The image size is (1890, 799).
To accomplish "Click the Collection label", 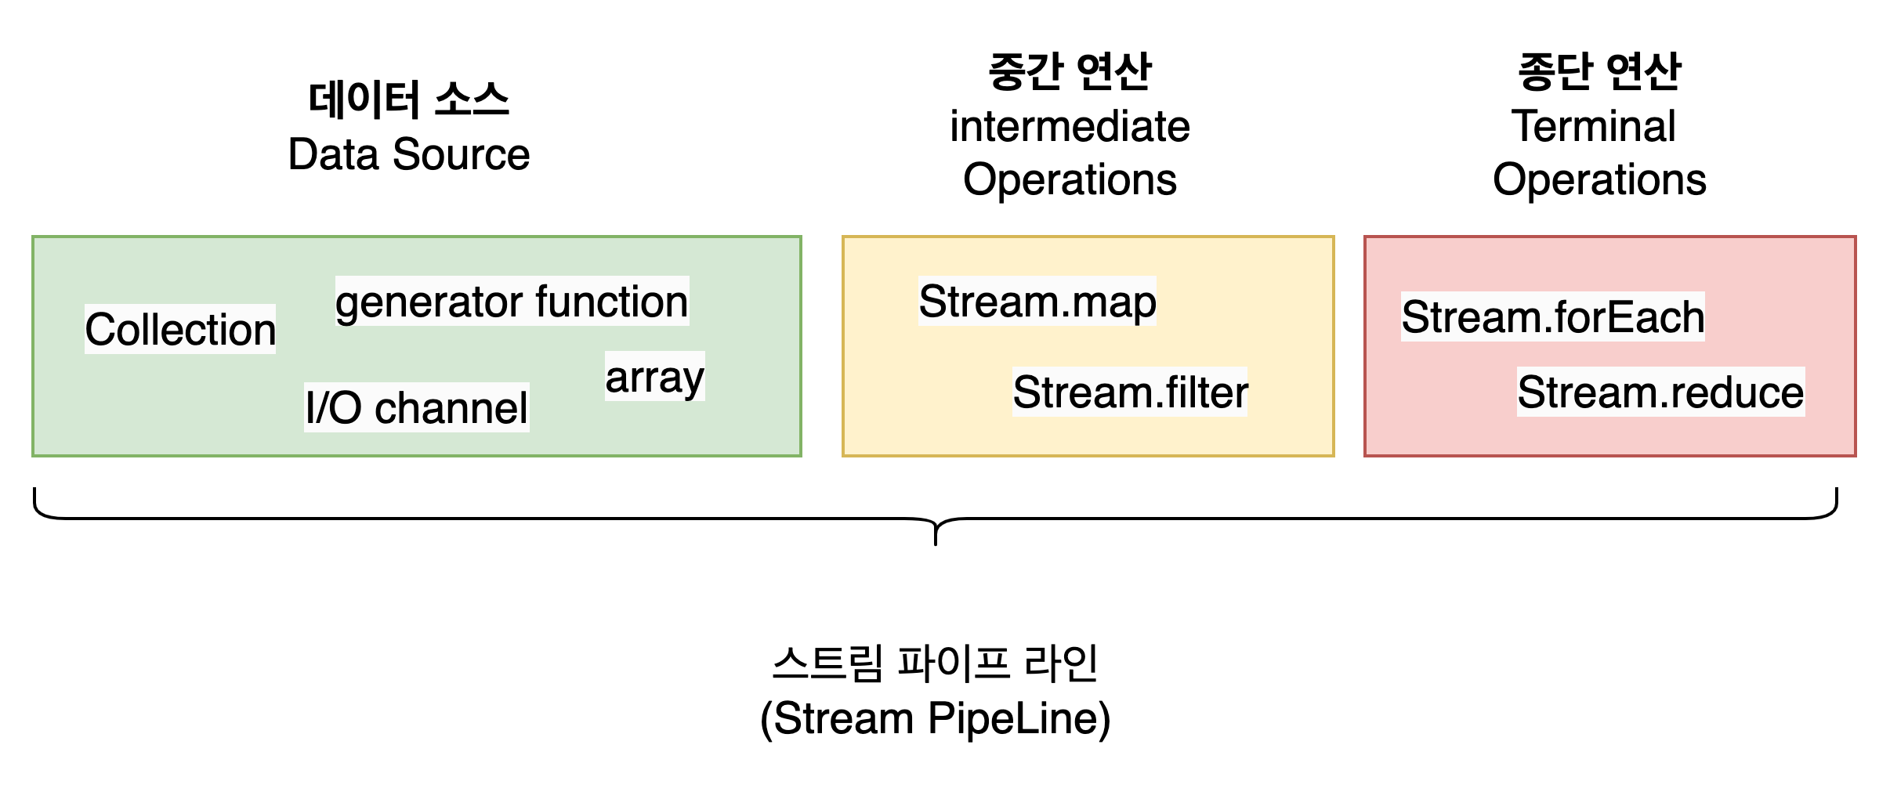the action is click(x=180, y=329).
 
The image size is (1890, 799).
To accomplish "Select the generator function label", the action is click(x=512, y=302).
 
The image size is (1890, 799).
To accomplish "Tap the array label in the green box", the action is click(x=655, y=377).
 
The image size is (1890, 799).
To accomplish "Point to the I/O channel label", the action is click(x=417, y=407).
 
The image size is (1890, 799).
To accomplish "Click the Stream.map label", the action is click(x=1037, y=301).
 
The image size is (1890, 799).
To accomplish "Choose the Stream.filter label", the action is click(x=1130, y=392).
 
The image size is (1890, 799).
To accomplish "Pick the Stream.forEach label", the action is click(x=1553, y=316).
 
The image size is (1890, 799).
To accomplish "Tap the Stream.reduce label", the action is click(x=1661, y=392).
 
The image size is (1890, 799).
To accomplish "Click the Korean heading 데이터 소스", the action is click(x=409, y=100).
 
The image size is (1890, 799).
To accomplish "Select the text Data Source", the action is click(x=409, y=154).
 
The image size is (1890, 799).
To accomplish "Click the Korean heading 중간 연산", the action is click(x=1070, y=71).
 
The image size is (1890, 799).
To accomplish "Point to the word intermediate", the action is click(x=1070, y=127).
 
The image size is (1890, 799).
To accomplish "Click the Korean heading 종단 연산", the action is click(x=1599, y=71).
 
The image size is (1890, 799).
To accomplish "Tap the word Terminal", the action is click(x=1594, y=126).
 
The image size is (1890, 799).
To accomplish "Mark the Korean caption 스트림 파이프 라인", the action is click(x=935, y=663).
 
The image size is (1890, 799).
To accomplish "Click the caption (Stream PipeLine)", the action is click(x=936, y=718).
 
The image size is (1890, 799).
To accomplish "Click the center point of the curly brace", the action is click(x=936, y=519).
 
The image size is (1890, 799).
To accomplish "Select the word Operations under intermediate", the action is click(x=1070, y=179).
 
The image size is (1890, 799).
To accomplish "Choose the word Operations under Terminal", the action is click(x=1600, y=179).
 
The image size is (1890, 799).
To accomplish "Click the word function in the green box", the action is click(x=612, y=301).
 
